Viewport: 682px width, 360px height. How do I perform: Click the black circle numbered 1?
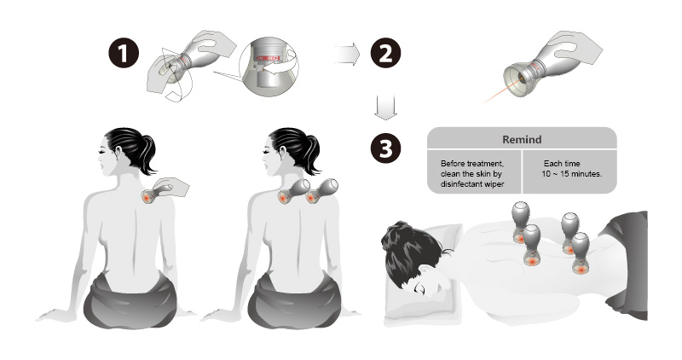124,54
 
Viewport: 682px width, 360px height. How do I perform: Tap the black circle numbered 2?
385,54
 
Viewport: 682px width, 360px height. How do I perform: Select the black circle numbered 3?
386,148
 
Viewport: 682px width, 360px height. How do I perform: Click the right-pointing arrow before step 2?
347,55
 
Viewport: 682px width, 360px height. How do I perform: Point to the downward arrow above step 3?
385,107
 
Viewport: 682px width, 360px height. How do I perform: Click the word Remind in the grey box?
522,139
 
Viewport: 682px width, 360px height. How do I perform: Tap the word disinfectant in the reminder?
460,183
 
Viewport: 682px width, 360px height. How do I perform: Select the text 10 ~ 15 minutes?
572,174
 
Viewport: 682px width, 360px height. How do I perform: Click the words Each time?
562,164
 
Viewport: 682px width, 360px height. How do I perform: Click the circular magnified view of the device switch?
269,67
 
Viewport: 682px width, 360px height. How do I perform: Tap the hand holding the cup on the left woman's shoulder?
171,186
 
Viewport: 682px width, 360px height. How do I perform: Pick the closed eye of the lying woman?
420,288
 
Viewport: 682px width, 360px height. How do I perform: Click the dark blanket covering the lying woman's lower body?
627,261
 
